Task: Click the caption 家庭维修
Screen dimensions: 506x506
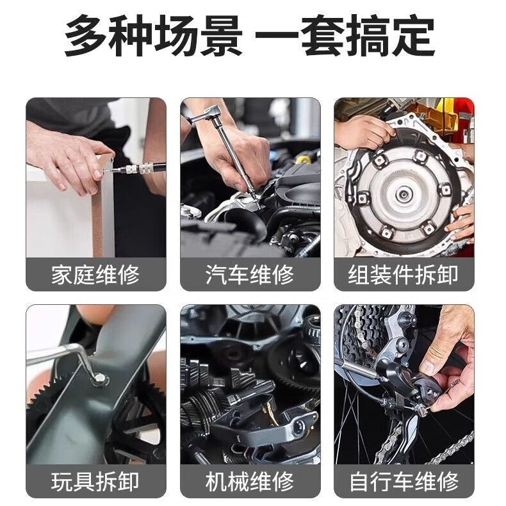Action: pos(95,275)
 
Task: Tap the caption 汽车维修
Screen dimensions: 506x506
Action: pos(250,275)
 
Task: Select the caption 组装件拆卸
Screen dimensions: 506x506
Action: pos(404,275)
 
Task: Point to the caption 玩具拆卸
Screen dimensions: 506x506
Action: pos(95,482)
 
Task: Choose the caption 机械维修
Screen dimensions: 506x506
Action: pos(250,482)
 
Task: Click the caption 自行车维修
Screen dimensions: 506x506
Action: pos(404,482)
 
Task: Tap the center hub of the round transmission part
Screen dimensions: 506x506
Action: pos(403,195)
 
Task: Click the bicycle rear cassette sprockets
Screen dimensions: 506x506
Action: pos(361,332)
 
